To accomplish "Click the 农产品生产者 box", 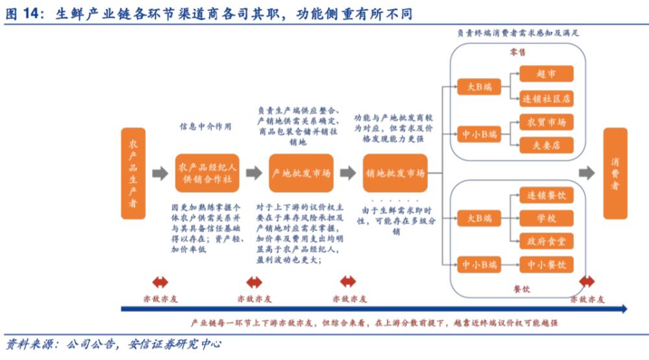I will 132,173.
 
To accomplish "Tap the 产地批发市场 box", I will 301,173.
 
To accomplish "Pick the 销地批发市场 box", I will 395,173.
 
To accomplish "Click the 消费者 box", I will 615,173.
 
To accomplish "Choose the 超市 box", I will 546,74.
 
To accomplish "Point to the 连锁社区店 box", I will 546,99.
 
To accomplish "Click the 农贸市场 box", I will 546,122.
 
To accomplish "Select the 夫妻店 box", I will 546,145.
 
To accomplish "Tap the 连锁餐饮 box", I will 546,195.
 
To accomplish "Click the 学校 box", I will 546,219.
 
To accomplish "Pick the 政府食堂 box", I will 546,241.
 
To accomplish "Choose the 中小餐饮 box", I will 546,265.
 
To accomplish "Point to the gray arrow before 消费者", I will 587,173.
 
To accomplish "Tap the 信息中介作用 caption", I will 205,126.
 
